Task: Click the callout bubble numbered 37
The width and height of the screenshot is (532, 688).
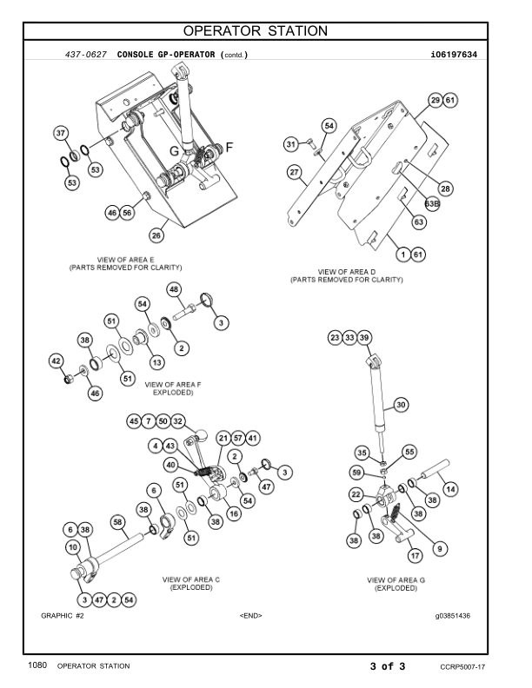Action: click(61, 134)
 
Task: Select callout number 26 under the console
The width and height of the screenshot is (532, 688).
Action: click(156, 234)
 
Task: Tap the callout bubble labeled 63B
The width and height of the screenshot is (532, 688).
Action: click(432, 203)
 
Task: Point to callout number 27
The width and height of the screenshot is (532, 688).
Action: click(295, 172)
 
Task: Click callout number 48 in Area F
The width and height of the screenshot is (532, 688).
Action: click(174, 289)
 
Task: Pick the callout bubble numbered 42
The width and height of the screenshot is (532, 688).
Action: click(56, 361)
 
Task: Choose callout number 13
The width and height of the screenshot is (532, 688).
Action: click(156, 361)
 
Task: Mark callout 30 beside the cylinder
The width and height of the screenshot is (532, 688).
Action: click(400, 404)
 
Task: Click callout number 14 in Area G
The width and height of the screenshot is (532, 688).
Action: click(449, 489)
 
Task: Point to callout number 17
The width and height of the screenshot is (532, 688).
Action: click(416, 554)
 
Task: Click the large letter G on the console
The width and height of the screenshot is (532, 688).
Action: click(175, 150)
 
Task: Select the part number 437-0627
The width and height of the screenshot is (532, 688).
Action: click(86, 55)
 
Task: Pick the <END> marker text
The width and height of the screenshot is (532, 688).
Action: click(250, 615)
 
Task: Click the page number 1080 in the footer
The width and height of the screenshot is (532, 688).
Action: click(36, 665)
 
